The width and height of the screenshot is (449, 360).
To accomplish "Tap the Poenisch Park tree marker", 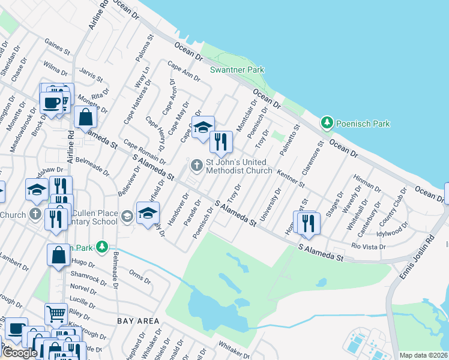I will [x=327, y=124].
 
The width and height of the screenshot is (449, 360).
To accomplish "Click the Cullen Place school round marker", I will [x=127, y=215].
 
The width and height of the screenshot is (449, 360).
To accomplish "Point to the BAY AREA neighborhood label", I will [x=138, y=321].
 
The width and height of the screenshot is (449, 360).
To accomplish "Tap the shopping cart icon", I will [x=56, y=313].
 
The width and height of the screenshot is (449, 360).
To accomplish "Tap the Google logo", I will [x=19, y=353].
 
